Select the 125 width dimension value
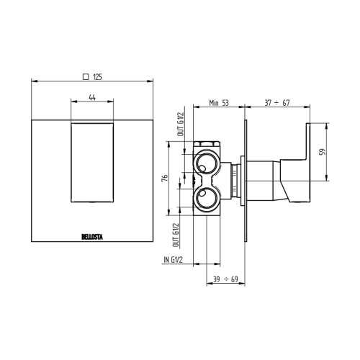[x=97, y=76]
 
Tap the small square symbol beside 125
[x=86, y=76]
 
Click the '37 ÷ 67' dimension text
[x=278, y=104]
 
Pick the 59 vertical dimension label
[x=322, y=152]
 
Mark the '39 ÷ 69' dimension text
[x=223, y=278]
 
